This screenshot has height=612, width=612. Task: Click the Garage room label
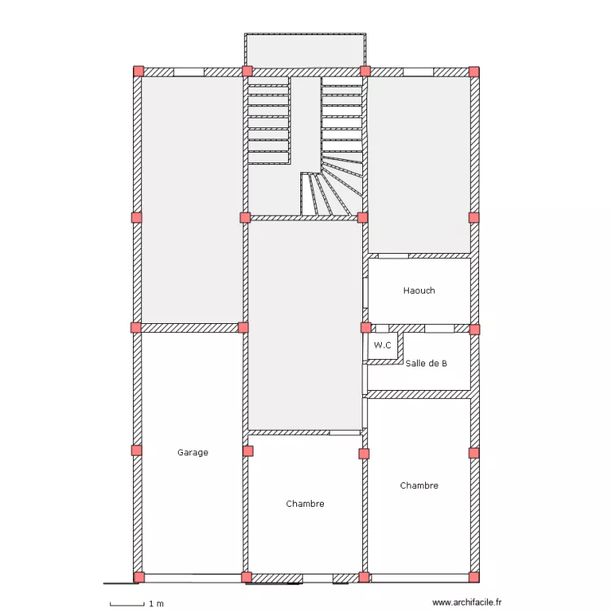(193, 452)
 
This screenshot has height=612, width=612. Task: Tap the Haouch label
(419, 290)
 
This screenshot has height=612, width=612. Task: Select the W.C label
(383, 346)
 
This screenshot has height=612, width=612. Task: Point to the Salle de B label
(426, 363)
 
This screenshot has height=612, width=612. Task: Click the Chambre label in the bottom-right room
(419, 486)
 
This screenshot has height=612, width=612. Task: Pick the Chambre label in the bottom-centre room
(305, 503)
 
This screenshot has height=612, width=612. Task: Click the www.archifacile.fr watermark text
(468, 603)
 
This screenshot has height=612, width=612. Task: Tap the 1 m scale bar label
(157, 604)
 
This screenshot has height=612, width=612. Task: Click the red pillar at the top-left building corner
(139, 71)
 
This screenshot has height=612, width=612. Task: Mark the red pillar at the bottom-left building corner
(139, 577)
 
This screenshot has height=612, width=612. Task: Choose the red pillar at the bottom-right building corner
(474, 577)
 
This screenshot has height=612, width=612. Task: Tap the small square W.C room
(384, 346)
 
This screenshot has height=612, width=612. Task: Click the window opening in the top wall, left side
(188, 72)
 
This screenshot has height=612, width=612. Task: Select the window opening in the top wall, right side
(419, 72)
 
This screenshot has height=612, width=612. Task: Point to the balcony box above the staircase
(304, 50)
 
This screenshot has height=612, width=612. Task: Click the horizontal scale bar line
(126, 604)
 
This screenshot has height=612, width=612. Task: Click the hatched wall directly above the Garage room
(192, 327)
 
